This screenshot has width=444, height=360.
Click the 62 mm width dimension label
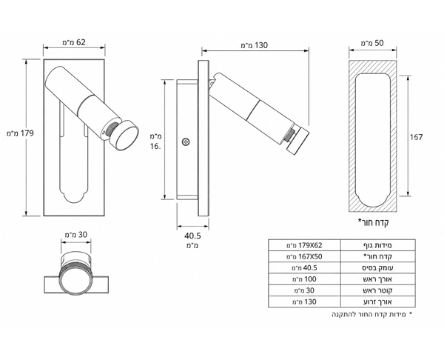(73, 42)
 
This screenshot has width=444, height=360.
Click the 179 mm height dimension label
(20, 133)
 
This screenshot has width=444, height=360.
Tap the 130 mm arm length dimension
(254, 45)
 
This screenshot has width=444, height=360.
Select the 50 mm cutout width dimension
(372, 43)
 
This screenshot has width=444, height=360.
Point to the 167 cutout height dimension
(416, 137)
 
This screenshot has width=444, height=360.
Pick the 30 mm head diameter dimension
(76, 235)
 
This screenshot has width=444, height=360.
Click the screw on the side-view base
(186, 141)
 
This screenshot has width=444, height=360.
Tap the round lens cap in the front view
(124, 136)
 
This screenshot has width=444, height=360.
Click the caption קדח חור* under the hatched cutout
(374, 222)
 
